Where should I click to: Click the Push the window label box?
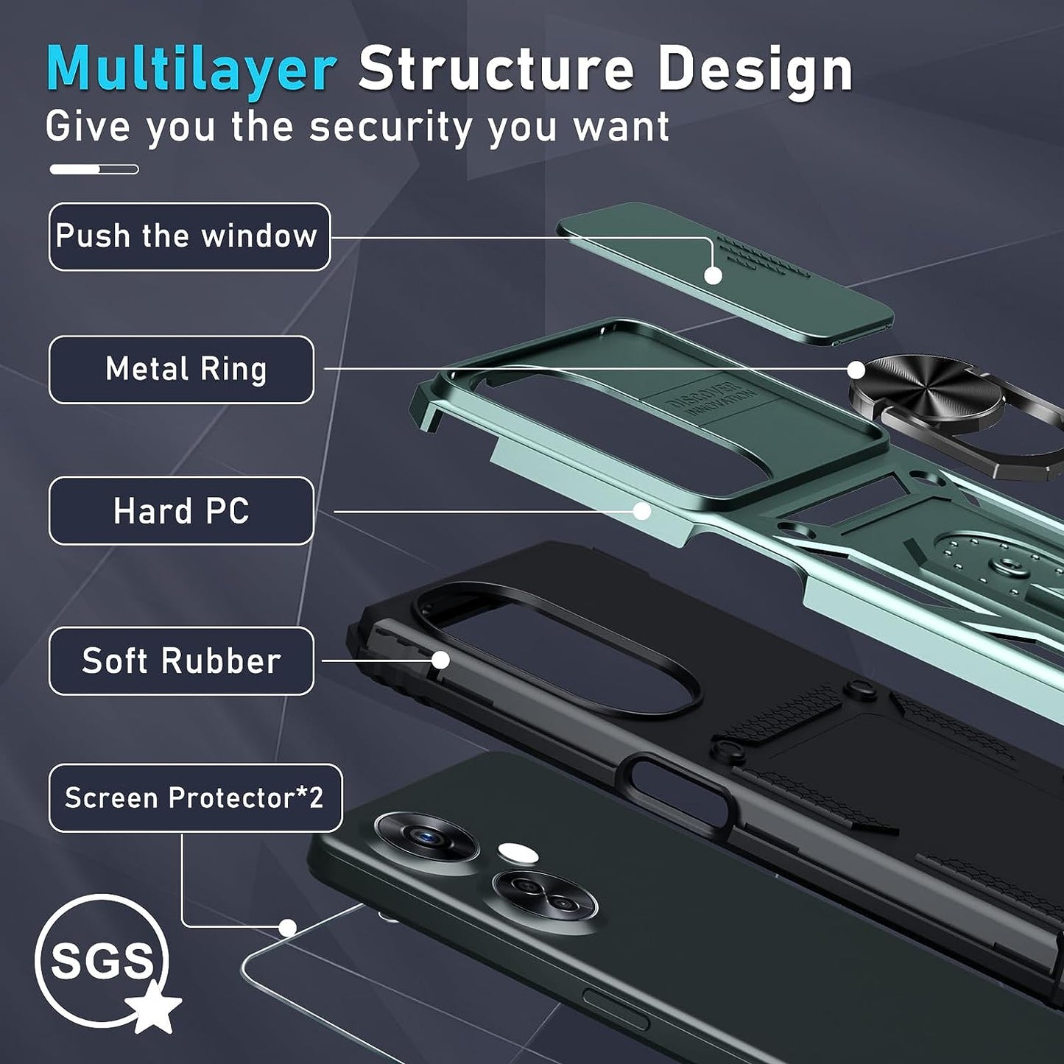click(189, 236)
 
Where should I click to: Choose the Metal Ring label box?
click(181, 369)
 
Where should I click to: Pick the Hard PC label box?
click(181, 510)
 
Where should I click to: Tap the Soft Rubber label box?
click(181, 660)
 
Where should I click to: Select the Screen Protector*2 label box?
click(195, 797)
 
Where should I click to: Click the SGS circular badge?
click(101, 960)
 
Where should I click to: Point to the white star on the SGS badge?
click(153, 1007)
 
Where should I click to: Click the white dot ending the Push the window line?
click(713, 275)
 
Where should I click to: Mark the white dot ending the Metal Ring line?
click(856, 370)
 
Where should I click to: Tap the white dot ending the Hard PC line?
click(642, 511)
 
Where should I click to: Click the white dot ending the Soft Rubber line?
click(440, 660)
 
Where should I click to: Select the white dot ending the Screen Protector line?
click(288, 928)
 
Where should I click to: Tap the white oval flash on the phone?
click(518, 853)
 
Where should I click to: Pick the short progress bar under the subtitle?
click(94, 169)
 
